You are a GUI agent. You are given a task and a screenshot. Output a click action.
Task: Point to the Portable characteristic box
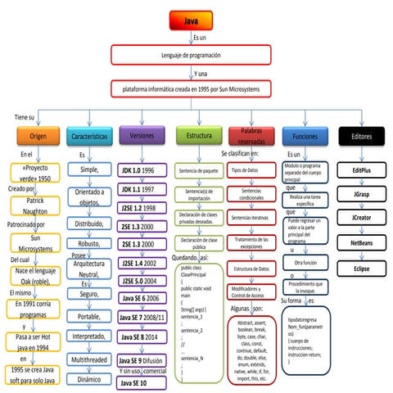[x=89, y=316]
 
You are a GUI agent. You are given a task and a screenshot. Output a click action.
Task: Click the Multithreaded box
[x=89, y=359]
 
